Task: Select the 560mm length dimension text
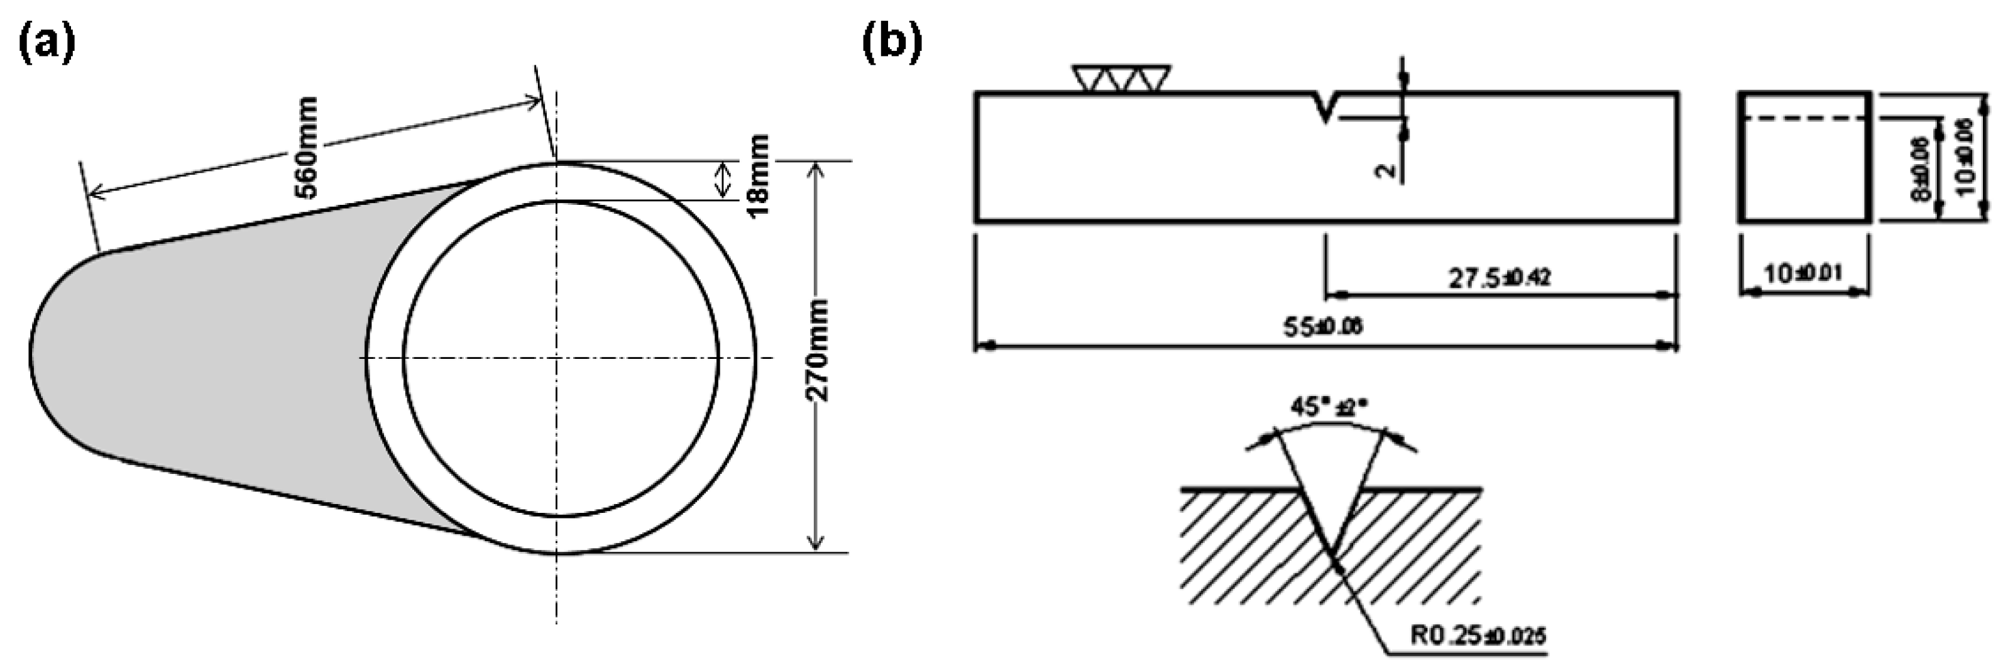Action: pos(308,148)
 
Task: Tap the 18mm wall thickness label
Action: pos(757,177)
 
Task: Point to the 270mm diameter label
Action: pos(818,349)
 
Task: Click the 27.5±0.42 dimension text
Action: pos(1499,277)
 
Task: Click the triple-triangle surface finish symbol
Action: pos(1121,79)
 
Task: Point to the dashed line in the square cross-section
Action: pos(1804,119)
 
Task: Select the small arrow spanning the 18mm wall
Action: pos(723,180)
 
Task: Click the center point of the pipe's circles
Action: pos(556,358)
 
